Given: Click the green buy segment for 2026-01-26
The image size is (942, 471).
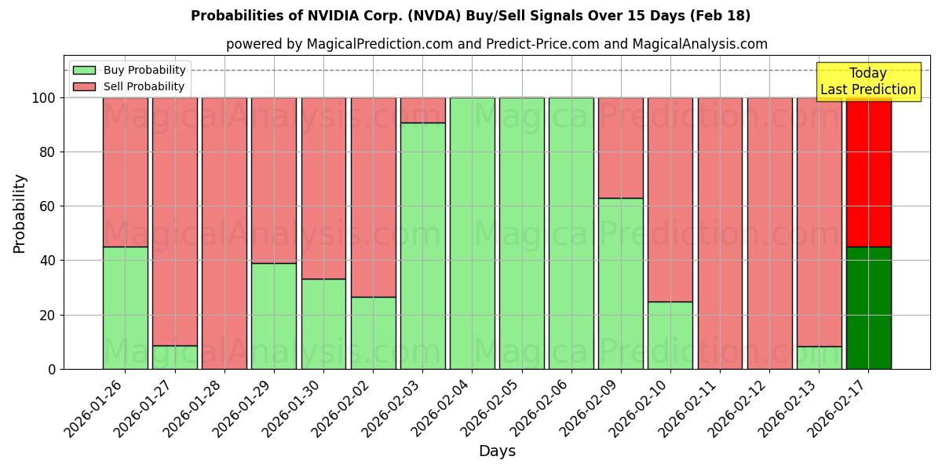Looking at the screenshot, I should [x=125, y=308].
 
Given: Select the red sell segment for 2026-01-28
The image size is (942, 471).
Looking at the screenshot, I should [x=225, y=233].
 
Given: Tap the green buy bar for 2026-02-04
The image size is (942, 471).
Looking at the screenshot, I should [x=472, y=233].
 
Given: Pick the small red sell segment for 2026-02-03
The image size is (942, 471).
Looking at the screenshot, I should [x=422, y=110].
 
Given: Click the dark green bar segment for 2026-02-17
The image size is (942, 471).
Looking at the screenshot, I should [x=868, y=308].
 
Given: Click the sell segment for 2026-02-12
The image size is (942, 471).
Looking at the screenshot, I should [x=769, y=233].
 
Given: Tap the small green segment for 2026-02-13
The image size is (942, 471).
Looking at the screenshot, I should [x=819, y=357].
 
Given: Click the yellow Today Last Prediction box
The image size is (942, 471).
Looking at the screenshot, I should [x=867, y=82].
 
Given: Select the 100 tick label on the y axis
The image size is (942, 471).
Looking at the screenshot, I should [x=42, y=98].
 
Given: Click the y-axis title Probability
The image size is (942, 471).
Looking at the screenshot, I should [x=20, y=213].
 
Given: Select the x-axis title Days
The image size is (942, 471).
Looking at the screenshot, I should [x=497, y=451].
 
